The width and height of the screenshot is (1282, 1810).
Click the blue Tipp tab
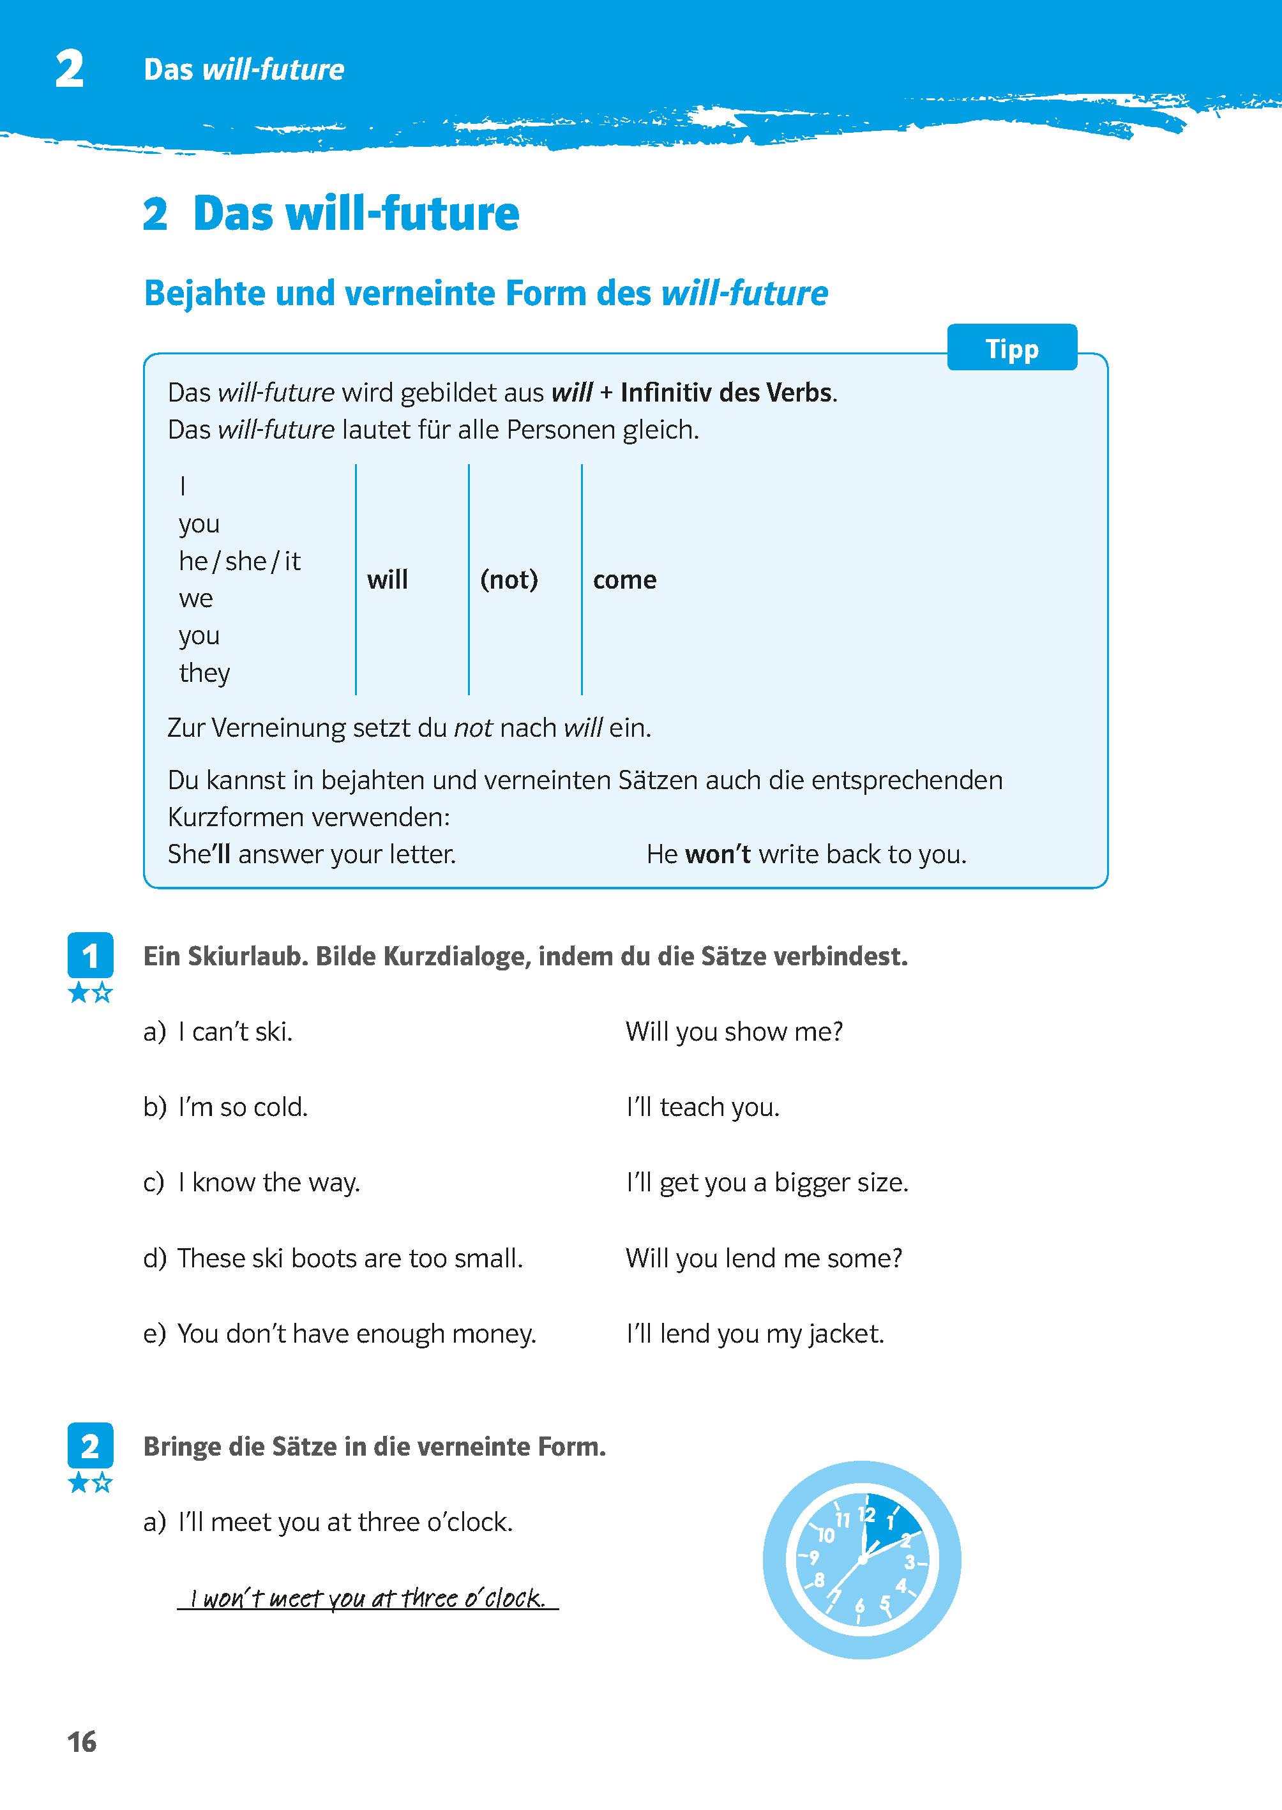[1011, 348]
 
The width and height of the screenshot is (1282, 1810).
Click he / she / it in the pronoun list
[239, 561]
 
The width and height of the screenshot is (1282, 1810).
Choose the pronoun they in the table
[204, 672]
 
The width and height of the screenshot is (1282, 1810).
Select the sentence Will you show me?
[734, 1031]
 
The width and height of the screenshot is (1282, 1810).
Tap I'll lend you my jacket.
[754, 1333]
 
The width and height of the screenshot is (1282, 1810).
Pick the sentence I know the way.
[268, 1182]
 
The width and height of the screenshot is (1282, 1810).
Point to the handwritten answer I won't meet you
[367, 1597]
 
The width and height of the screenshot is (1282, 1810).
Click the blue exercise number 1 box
[90, 955]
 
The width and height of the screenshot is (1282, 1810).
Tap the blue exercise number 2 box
[90, 1445]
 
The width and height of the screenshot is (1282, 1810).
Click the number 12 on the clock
[866, 1514]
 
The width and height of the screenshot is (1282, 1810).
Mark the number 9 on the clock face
[813, 1557]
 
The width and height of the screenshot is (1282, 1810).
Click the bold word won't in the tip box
[717, 854]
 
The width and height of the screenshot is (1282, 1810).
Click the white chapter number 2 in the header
[70, 69]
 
